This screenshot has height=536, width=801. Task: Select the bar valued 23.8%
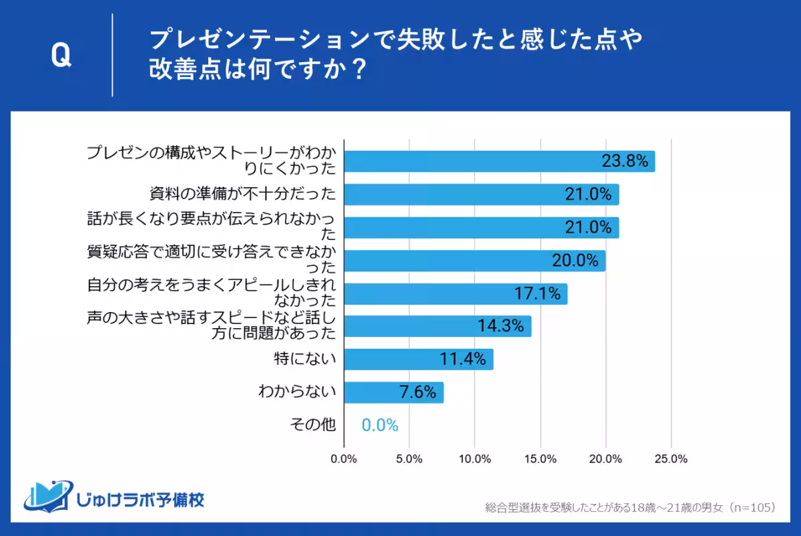coord(499,162)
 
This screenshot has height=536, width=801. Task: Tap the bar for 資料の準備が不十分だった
coord(481,194)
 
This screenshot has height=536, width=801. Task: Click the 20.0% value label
coord(575,261)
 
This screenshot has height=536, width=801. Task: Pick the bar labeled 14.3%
coord(437,326)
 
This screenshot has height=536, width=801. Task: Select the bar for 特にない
coord(419,359)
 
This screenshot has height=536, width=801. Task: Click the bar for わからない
coord(394,392)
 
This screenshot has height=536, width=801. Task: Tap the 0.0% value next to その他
coord(380,425)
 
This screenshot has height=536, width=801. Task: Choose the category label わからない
coord(296,392)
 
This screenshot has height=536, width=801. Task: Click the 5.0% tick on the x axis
coord(409,459)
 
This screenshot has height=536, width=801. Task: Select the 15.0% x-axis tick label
coord(540,459)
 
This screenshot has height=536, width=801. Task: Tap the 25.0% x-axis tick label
coord(671,459)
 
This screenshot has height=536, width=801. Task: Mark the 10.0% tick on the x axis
coord(475,459)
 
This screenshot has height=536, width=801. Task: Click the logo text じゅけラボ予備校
coord(141,499)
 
